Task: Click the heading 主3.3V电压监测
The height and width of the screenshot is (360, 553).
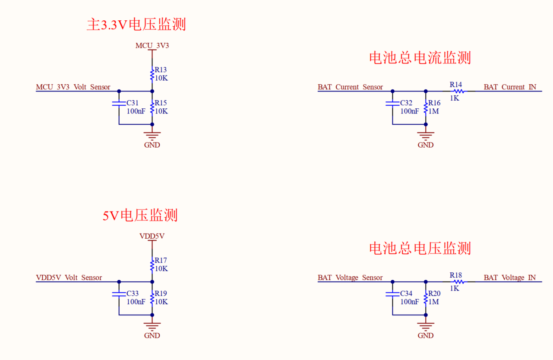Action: pos(136,25)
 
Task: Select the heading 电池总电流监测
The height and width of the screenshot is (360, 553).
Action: pos(420,57)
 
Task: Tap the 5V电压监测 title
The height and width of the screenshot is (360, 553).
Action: pos(140,215)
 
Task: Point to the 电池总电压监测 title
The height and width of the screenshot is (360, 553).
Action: pos(420,248)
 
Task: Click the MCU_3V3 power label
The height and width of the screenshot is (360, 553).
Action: pos(152,45)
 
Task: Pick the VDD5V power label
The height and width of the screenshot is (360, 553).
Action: pos(152,236)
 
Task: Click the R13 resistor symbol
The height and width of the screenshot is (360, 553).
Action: pos(152,75)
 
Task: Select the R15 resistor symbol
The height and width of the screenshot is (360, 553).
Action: pos(152,107)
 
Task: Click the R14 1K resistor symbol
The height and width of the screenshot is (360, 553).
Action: pos(458,91)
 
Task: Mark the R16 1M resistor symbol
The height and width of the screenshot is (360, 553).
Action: pos(426,107)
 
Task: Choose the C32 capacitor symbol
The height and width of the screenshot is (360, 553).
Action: pos(392,104)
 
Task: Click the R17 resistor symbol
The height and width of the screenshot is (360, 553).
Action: pos(152,265)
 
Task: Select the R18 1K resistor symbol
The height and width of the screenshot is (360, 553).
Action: pos(458,282)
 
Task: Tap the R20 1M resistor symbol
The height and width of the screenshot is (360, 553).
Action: pos(426,298)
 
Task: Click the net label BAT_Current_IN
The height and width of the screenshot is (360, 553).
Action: pos(510,87)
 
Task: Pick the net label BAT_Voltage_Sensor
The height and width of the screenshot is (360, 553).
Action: pos(350,278)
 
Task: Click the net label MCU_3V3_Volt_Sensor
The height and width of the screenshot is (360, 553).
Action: pos(73,87)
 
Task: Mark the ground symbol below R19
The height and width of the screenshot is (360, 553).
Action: pos(152,326)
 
